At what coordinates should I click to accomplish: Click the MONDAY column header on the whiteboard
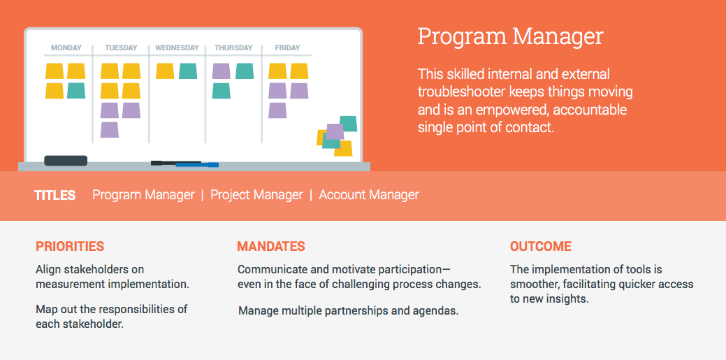click(66, 48)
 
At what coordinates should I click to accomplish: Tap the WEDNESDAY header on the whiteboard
click(177, 48)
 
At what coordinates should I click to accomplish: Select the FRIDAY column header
click(287, 48)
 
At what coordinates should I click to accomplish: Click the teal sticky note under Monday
click(76, 91)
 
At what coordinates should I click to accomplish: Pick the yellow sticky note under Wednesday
click(165, 71)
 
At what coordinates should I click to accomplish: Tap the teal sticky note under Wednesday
click(188, 71)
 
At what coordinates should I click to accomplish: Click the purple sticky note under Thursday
click(222, 71)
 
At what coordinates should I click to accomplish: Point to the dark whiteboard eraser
click(66, 161)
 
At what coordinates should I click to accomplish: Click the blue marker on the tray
click(197, 164)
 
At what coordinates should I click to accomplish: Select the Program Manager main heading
click(510, 36)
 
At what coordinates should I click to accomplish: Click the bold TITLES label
click(55, 195)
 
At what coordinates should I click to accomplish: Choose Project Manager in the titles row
click(256, 195)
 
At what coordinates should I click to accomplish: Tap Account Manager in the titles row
click(369, 195)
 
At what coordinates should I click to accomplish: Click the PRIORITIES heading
click(70, 247)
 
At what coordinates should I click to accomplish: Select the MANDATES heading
click(271, 247)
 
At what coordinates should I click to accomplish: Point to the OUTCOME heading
click(541, 247)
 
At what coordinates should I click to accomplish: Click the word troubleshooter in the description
click(462, 92)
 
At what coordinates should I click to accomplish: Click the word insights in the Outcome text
click(569, 299)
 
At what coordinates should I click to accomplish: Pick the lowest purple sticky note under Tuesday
click(110, 130)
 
